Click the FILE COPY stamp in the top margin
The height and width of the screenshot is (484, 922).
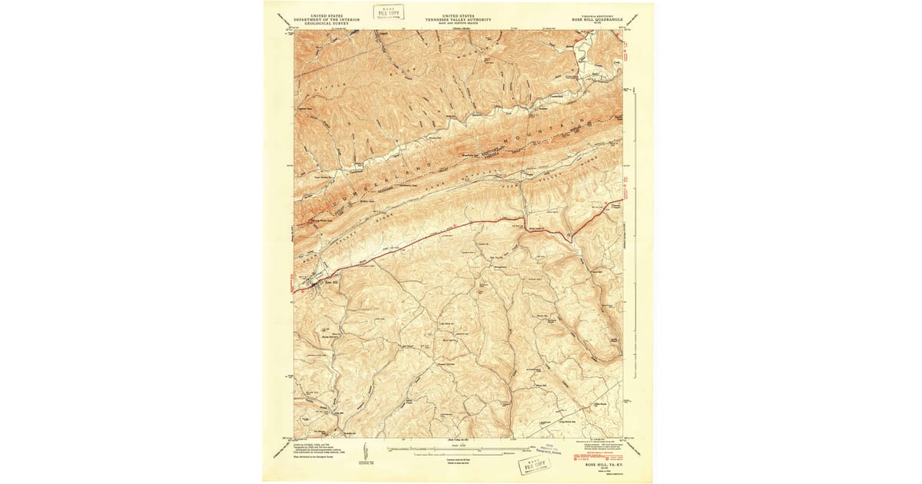point(392,11)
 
